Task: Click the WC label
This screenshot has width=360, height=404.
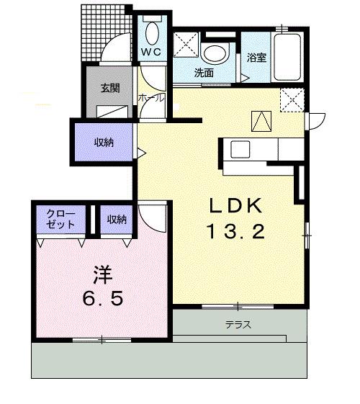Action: (151, 52)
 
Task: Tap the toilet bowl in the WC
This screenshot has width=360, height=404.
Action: (153, 32)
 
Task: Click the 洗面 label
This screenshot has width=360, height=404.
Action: (204, 73)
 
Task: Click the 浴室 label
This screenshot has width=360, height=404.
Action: (256, 58)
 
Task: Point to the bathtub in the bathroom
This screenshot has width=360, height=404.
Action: (287, 58)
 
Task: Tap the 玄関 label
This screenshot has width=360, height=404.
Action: (110, 88)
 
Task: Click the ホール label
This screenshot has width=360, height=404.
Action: (151, 98)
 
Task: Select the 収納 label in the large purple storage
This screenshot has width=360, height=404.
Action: (104, 142)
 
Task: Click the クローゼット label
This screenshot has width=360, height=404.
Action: (60, 219)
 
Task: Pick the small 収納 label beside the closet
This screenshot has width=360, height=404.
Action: (117, 220)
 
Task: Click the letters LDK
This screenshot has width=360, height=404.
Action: (236, 205)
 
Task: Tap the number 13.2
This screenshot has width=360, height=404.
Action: (236, 231)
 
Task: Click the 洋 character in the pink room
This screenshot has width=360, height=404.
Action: (102, 274)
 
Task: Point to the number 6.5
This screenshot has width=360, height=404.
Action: (102, 298)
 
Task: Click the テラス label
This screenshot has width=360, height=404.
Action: (238, 324)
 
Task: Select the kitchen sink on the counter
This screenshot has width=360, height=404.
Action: (240, 149)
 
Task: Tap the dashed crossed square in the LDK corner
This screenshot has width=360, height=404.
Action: (292, 100)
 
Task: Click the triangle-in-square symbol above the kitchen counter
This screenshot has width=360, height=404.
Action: (261, 121)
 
